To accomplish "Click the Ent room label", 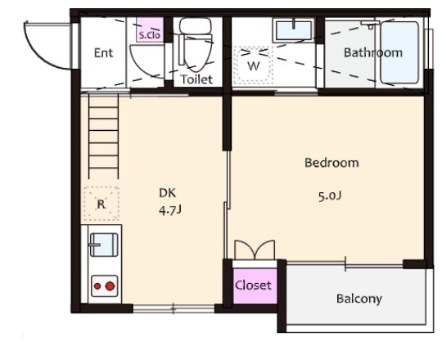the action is tap(103, 53).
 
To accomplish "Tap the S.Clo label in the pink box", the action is tap(150, 35).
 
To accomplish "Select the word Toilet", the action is tap(196, 79).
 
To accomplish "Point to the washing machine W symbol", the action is tap(254, 65).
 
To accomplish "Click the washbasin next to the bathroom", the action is tap(294, 30).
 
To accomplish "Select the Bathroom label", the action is tap(373, 53).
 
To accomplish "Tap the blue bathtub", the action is tap(399, 52).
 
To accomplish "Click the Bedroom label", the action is tap(331, 163).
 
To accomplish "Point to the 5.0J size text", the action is tap(330, 196).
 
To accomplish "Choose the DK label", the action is tap(168, 193).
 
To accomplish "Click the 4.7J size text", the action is tap(170, 210).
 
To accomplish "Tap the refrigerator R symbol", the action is tap(101, 204).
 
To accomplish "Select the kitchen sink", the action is tap(104, 245).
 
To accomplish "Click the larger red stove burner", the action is tap(110, 286).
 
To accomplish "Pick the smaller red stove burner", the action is tap(97, 286).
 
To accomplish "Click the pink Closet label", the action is tap(253, 286).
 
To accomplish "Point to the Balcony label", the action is tap(359, 299).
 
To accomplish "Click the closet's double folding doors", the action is tap(255, 250).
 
